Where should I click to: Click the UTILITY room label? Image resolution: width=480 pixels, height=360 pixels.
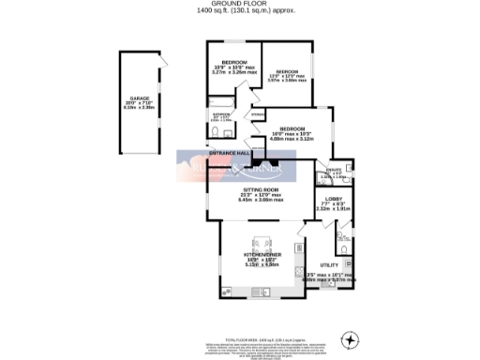tap(328, 265)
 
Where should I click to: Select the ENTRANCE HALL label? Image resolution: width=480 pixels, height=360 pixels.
tap(228, 152)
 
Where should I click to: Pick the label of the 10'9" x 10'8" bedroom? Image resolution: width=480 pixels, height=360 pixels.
tap(234, 62)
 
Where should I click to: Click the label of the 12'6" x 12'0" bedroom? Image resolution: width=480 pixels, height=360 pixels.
tap(287, 71)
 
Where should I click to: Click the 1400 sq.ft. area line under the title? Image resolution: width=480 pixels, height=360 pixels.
tap(239, 13)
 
